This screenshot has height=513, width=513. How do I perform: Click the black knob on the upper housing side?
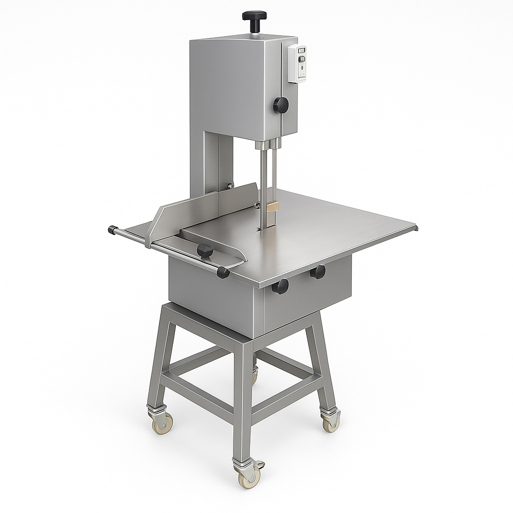click(x=281, y=105)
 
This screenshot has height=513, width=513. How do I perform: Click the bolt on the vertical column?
click(x=230, y=186)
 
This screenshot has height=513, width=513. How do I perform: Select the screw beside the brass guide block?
click(x=257, y=203)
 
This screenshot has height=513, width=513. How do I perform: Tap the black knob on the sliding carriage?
click(x=205, y=250)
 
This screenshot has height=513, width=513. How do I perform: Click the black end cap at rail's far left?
click(x=112, y=230)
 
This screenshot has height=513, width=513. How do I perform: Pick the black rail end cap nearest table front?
click(x=223, y=273)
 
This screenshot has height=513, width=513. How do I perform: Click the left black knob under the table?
click(x=281, y=287)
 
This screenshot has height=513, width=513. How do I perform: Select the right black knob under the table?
click(x=318, y=272)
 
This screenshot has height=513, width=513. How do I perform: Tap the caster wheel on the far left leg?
click(x=162, y=423)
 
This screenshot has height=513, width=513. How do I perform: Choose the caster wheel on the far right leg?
click(x=331, y=423)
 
